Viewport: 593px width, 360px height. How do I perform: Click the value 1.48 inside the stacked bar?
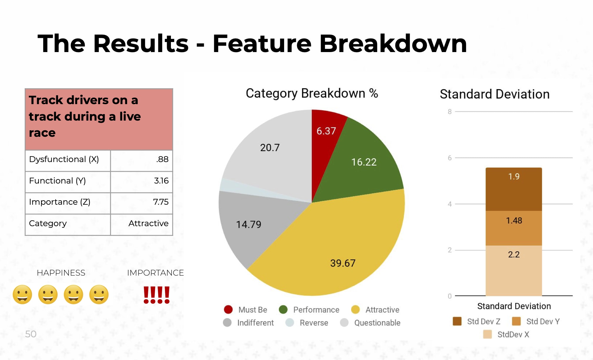(514, 220)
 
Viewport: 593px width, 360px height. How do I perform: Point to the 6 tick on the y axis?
(449, 158)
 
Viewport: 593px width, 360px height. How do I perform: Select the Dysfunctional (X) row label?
(64, 159)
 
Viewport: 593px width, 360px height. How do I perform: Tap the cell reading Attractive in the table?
(148, 223)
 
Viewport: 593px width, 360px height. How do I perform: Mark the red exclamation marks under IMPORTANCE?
(156, 295)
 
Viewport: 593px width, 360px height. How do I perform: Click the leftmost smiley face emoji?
(22, 294)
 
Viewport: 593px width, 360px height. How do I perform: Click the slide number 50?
(31, 334)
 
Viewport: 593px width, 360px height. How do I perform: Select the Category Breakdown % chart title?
(312, 93)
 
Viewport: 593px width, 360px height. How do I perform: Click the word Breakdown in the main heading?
(393, 44)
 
